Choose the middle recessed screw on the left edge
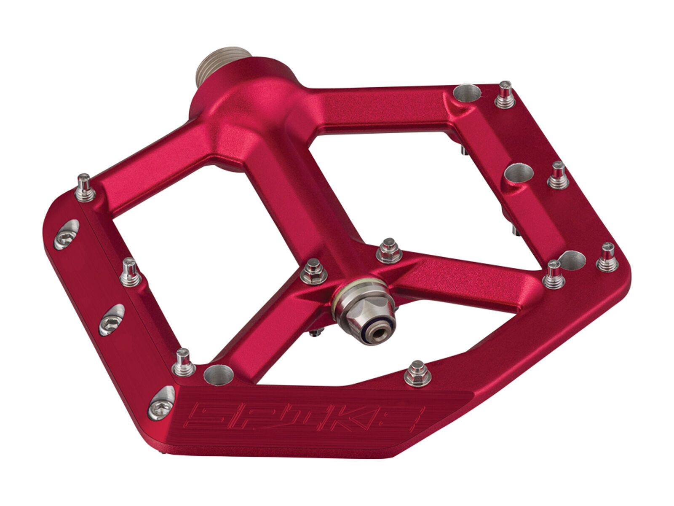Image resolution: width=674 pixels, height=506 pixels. (x=112, y=316)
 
